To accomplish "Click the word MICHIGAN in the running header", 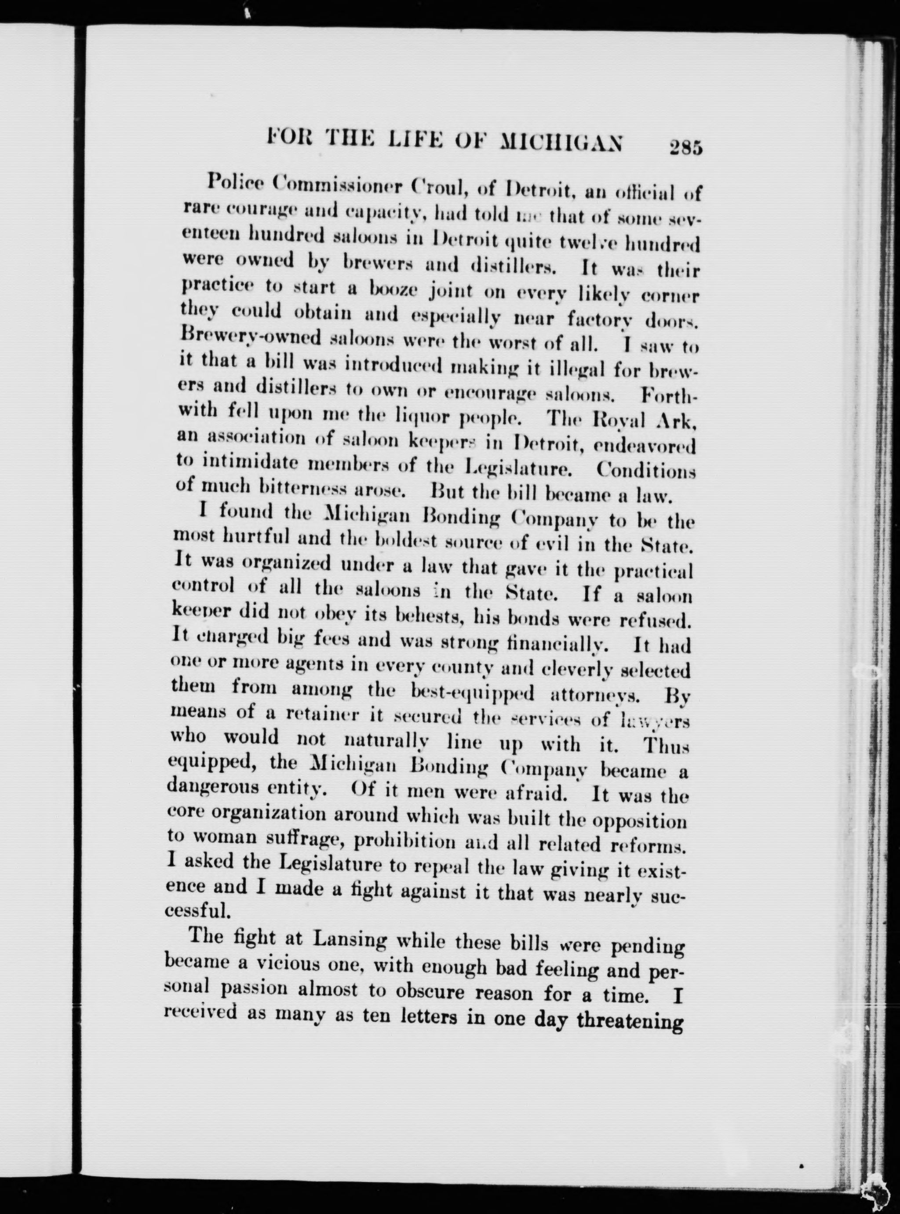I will click(561, 143).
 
